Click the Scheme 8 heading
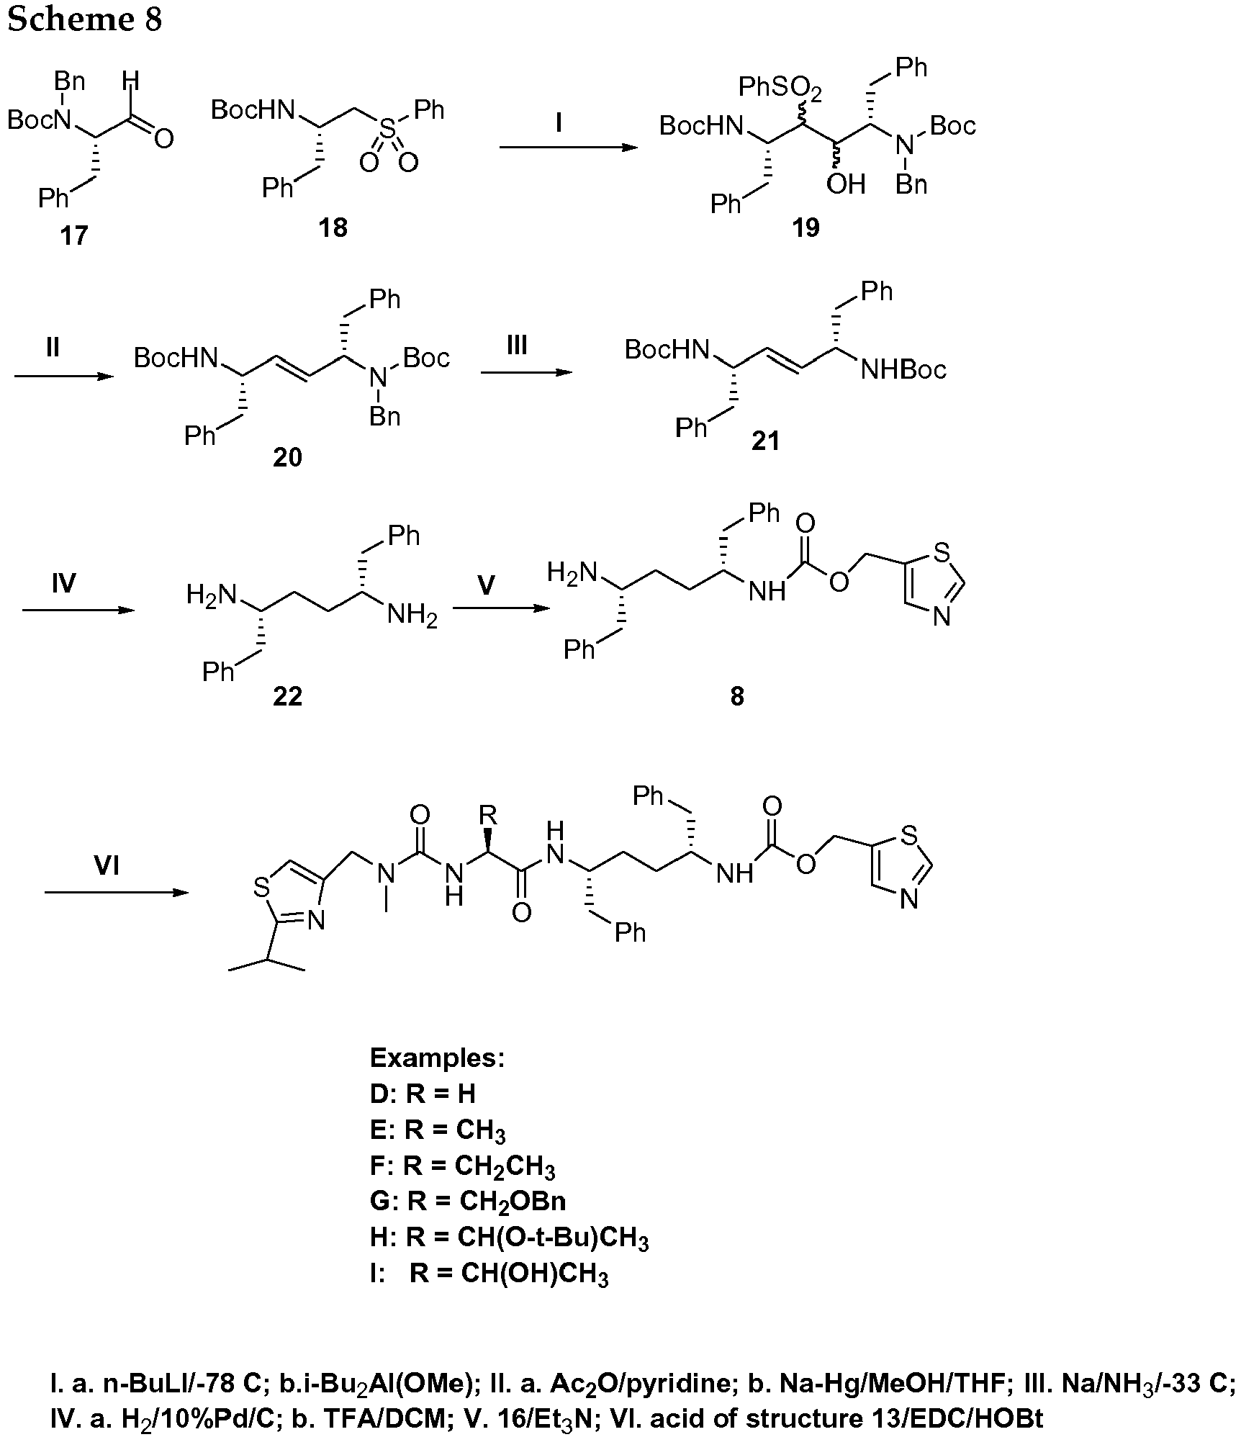tap(84, 19)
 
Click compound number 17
tap(74, 235)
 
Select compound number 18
tap(333, 228)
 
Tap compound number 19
tap(806, 228)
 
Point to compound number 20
tap(287, 457)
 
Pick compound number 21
tap(765, 440)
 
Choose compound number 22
tap(287, 696)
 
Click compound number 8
tap(736, 696)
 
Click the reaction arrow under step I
tap(569, 148)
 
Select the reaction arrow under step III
tap(526, 372)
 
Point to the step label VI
tap(107, 865)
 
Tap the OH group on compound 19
tap(846, 184)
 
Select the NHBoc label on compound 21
tap(903, 370)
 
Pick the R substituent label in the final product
tap(488, 816)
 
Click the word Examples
tap(437, 1058)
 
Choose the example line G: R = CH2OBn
tap(468, 1201)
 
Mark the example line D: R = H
tap(423, 1094)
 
